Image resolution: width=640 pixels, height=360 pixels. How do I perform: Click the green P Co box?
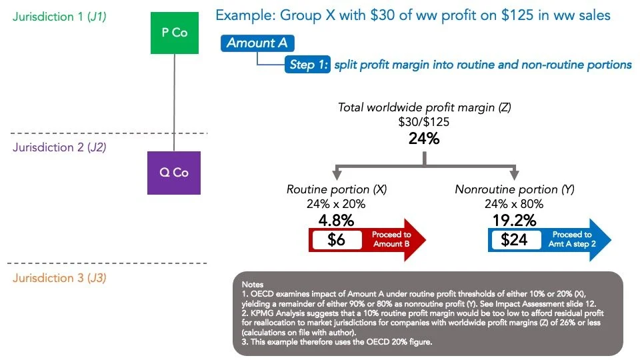174,32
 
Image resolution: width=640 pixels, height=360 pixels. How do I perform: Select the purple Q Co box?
173,173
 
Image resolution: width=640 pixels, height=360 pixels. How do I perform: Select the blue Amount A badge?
257,43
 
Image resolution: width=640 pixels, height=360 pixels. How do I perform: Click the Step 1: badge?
307,65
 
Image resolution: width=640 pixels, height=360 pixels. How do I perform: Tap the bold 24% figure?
424,139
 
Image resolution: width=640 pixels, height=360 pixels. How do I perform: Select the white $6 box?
337,239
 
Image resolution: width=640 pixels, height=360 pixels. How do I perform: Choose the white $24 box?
515,239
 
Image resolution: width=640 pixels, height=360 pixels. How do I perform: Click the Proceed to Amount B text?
391,239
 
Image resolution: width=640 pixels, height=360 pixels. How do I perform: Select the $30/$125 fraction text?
424,122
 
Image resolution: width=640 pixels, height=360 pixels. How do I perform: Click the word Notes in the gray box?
253,283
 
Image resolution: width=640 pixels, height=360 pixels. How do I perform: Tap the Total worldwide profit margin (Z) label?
424,107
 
